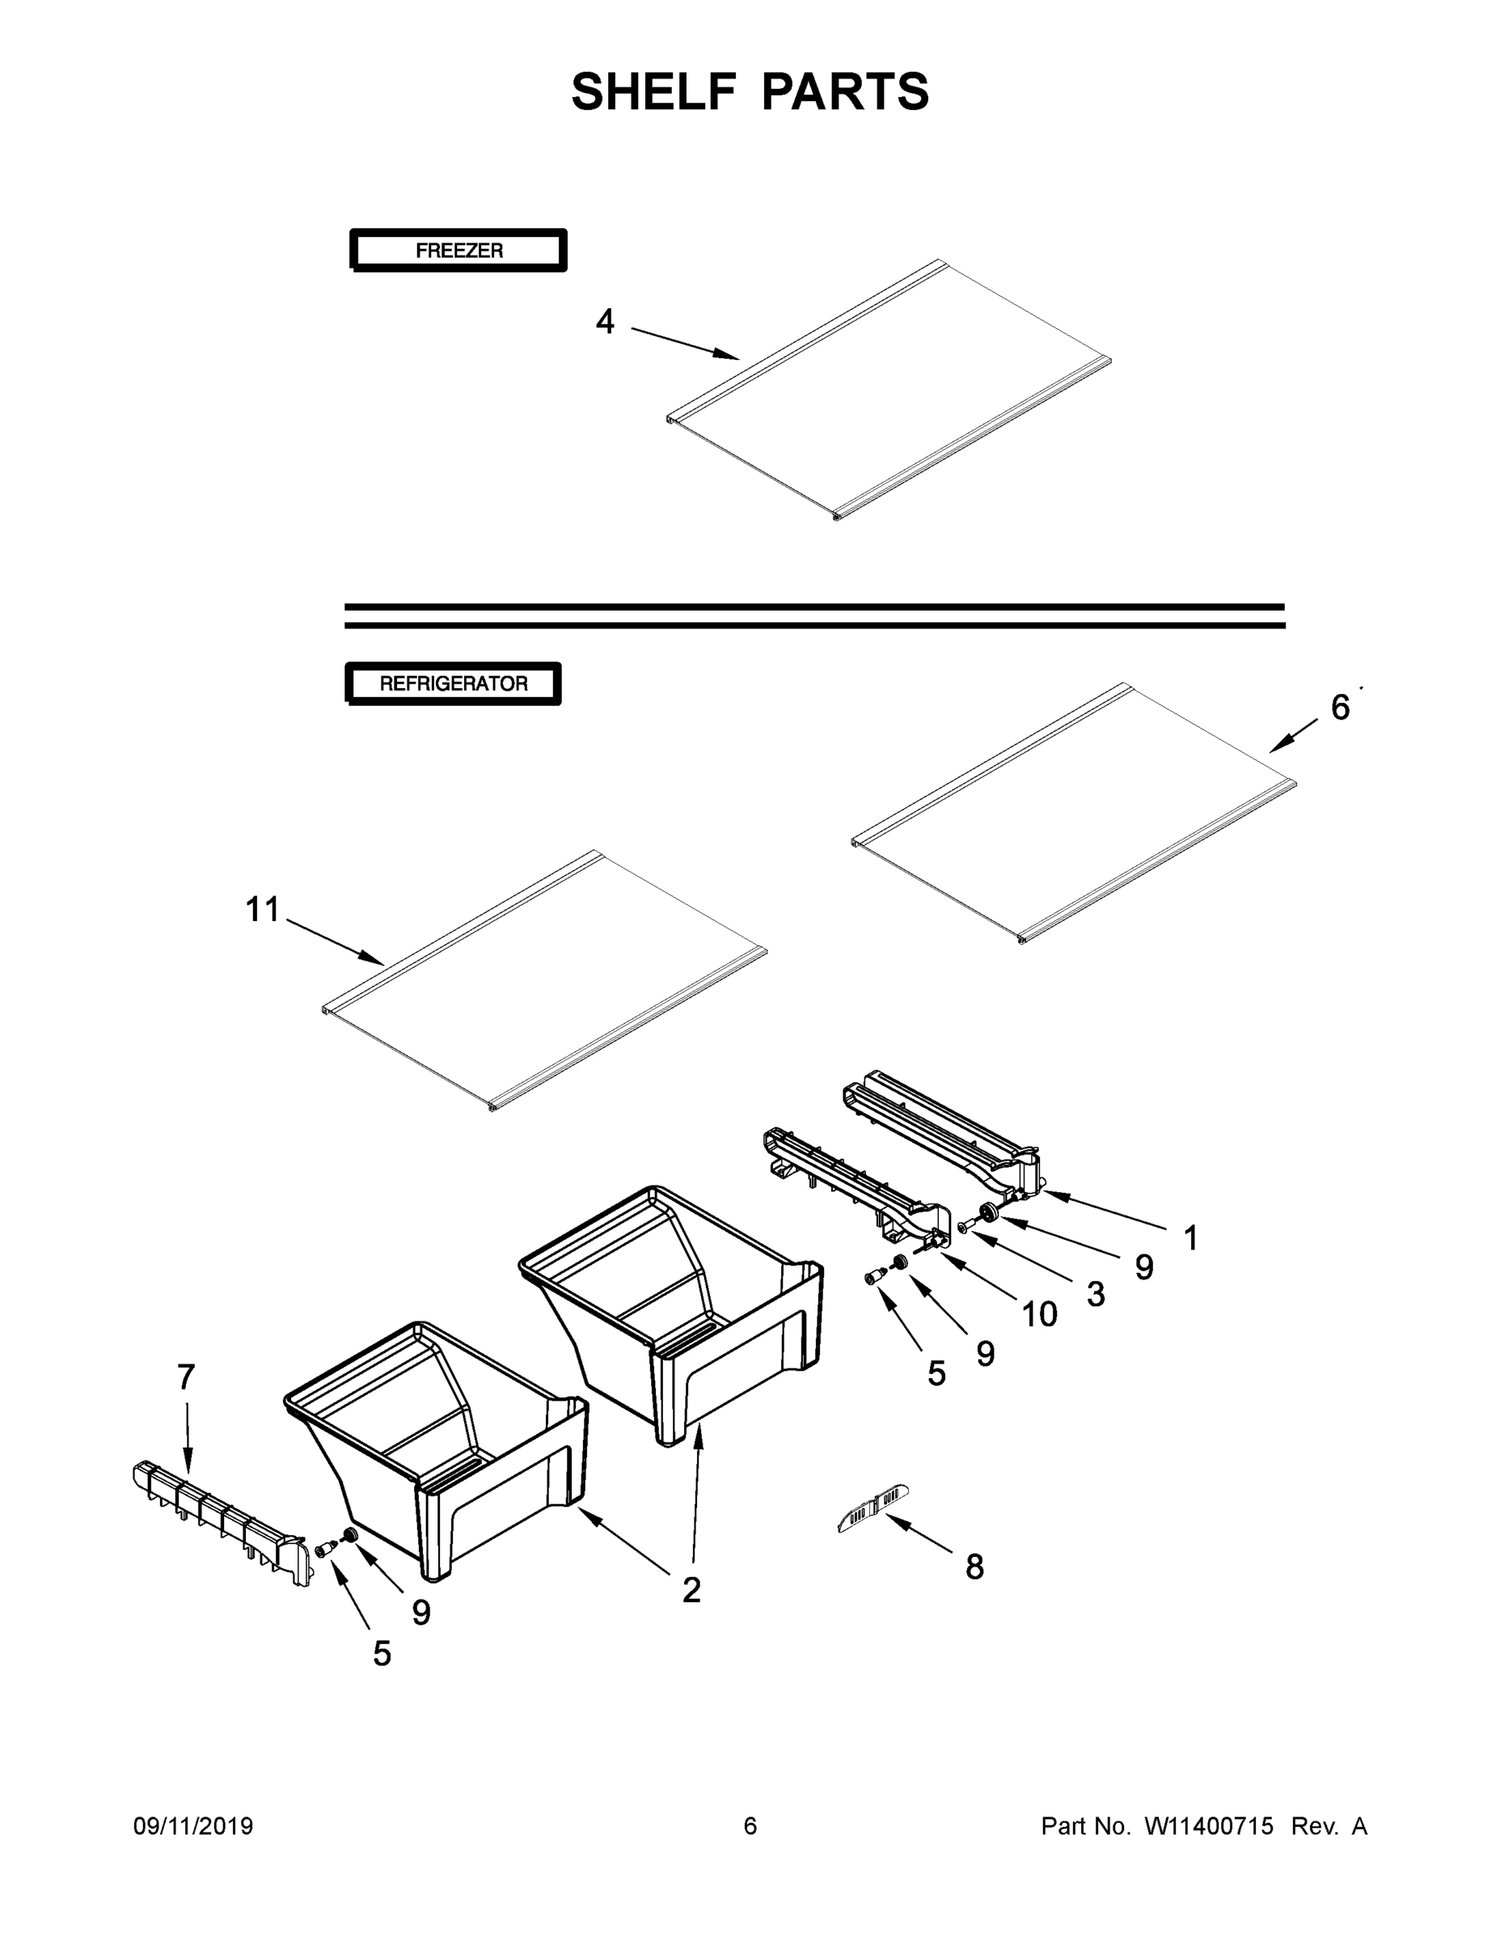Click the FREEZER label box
pyautogui.click(x=458, y=251)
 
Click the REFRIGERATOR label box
pyautogui.click(x=453, y=683)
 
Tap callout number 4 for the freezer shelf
pyautogui.click(x=604, y=322)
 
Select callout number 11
pyautogui.click(x=262, y=909)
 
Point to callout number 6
pyautogui.click(x=1340, y=708)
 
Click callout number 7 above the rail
pyautogui.click(x=186, y=1376)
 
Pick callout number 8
pyautogui.click(x=975, y=1566)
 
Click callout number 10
pyautogui.click(x=1039, y=1314)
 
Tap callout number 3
pyautogui.click(x=1096, y=1294)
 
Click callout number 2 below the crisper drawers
pyautogui.click(x=691, y=1590)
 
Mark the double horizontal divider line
pyautogui.click(x=814, y=616)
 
